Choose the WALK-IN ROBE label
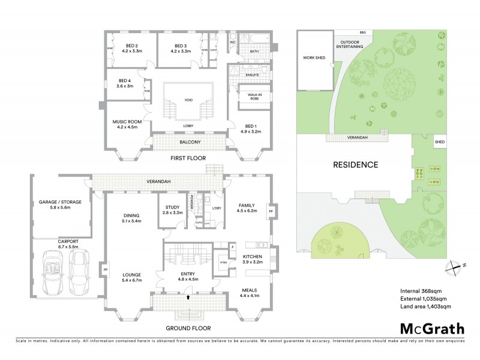click(x=248, y=98)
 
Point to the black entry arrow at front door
click(x=190, y=296)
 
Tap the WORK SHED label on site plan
click(x=314, y=58)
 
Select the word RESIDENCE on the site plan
click(x=356, y=164)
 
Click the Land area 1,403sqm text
click(x=425, y=306)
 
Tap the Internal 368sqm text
click(x=419, y=290)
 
